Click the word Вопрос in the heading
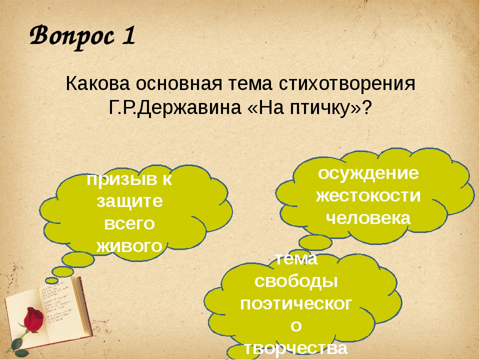point(71,37)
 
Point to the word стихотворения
point(347,83)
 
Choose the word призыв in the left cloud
point(121,179)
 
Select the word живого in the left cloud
point(129,246)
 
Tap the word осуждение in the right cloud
point(368,173)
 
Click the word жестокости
point(368,196)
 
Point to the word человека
point(368,218)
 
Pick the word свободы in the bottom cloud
point(296,282)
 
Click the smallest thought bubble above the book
point(51,280)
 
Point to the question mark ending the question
point(367,107)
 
